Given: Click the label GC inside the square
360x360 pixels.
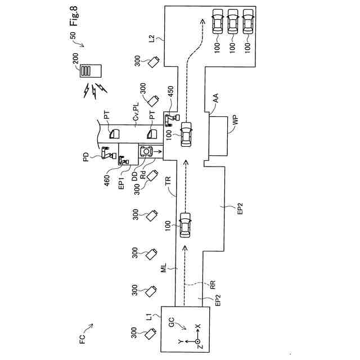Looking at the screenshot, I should pyautogui.click(x=172, y=326).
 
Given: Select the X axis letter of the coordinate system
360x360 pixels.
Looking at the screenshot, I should pyautogui.click(x=197, y=326).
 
